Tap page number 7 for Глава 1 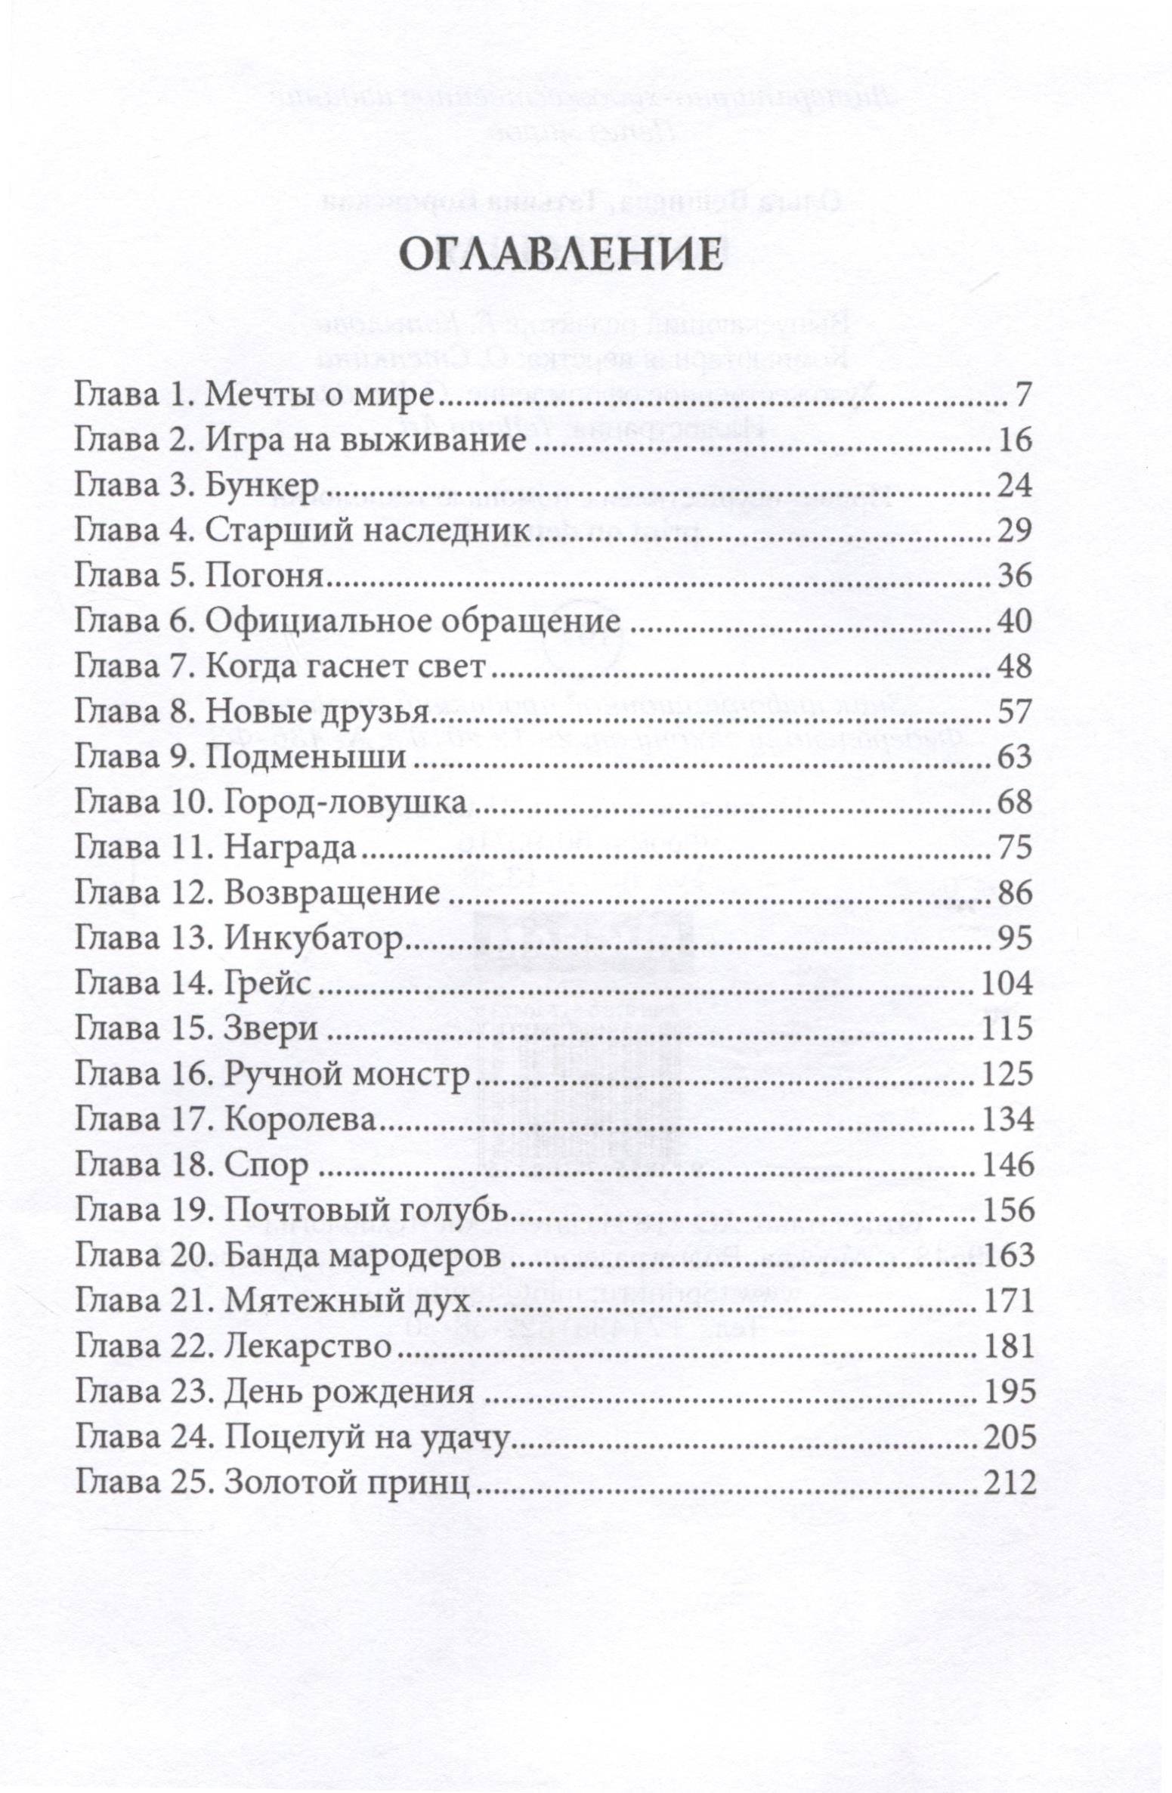[x=1022, y=395]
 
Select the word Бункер [x=261, y=487]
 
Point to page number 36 [x=1014, y=577]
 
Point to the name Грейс [x=268, y=983]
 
